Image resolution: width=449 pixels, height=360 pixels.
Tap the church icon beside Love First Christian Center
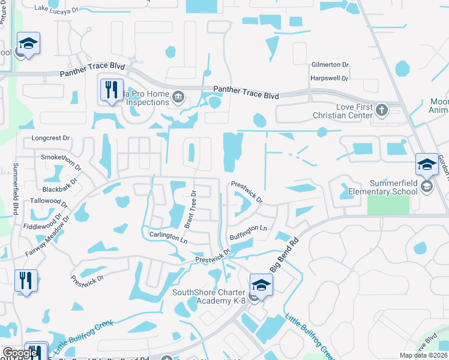(x=381, y=109)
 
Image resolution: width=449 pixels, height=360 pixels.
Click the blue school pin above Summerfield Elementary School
(x=426, y=164)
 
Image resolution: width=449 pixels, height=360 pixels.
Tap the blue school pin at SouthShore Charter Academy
(x=261, y=284)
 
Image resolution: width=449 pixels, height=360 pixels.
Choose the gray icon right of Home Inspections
(x=178, y=97)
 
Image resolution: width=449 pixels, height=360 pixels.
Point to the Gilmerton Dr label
(x=330, y=65)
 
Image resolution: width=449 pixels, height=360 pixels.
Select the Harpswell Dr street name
(x=330, y=78)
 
